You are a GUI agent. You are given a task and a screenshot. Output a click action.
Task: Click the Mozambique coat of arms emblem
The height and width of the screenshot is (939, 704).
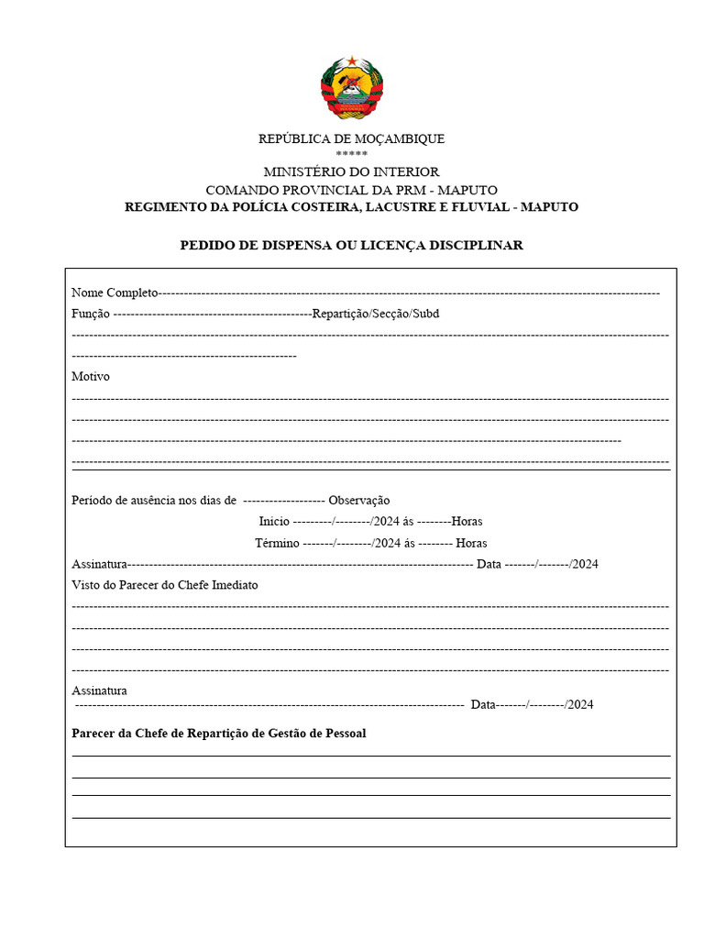(351, 88)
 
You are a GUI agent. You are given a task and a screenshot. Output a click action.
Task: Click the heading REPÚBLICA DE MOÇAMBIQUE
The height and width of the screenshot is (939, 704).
(351, 138)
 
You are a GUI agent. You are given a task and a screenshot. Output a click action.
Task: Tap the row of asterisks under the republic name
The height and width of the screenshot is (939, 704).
(351, 154)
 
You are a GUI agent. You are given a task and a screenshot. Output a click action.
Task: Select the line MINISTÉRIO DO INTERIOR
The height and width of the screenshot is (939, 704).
(351, 171)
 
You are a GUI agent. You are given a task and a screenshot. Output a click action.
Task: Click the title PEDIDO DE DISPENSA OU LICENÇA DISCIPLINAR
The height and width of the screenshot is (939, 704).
(351, 245)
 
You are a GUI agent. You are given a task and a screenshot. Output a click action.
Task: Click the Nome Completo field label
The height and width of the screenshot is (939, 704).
(115, 293)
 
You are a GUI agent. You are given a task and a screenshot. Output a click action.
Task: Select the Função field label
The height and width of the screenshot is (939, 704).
(91, 314)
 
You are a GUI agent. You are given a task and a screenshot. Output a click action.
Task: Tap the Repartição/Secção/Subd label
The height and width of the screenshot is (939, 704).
(375, 314)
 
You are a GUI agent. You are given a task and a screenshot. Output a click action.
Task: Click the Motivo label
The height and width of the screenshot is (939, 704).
(91, 376)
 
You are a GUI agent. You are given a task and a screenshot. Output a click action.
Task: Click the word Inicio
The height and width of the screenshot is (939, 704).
(274, 521)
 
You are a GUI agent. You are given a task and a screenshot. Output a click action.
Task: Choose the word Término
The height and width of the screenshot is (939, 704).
(277, 543)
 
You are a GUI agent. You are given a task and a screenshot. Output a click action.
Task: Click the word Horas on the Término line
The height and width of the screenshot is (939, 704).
(471, 543)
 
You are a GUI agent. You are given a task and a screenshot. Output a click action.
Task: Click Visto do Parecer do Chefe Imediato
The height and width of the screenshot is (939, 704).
(165, 585)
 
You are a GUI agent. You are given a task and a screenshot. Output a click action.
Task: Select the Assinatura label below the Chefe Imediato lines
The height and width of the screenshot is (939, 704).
(99, 690)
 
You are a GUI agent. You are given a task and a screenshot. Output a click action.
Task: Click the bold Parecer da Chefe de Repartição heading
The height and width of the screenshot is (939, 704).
(219, 734)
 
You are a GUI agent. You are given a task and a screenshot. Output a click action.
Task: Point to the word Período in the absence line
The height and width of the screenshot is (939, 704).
(93, 500)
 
